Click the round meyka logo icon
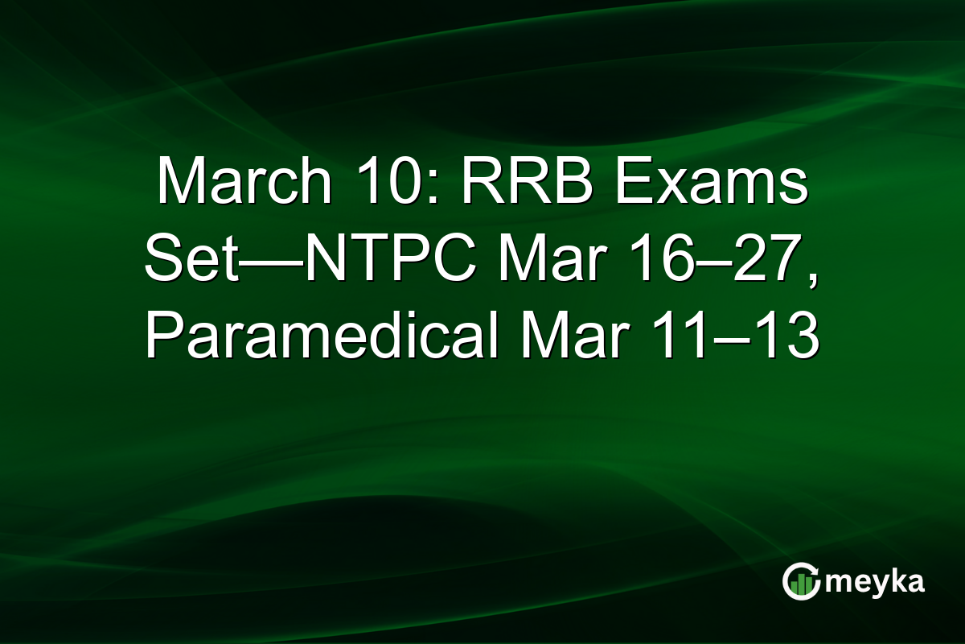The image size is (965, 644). (x=801, y=581)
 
